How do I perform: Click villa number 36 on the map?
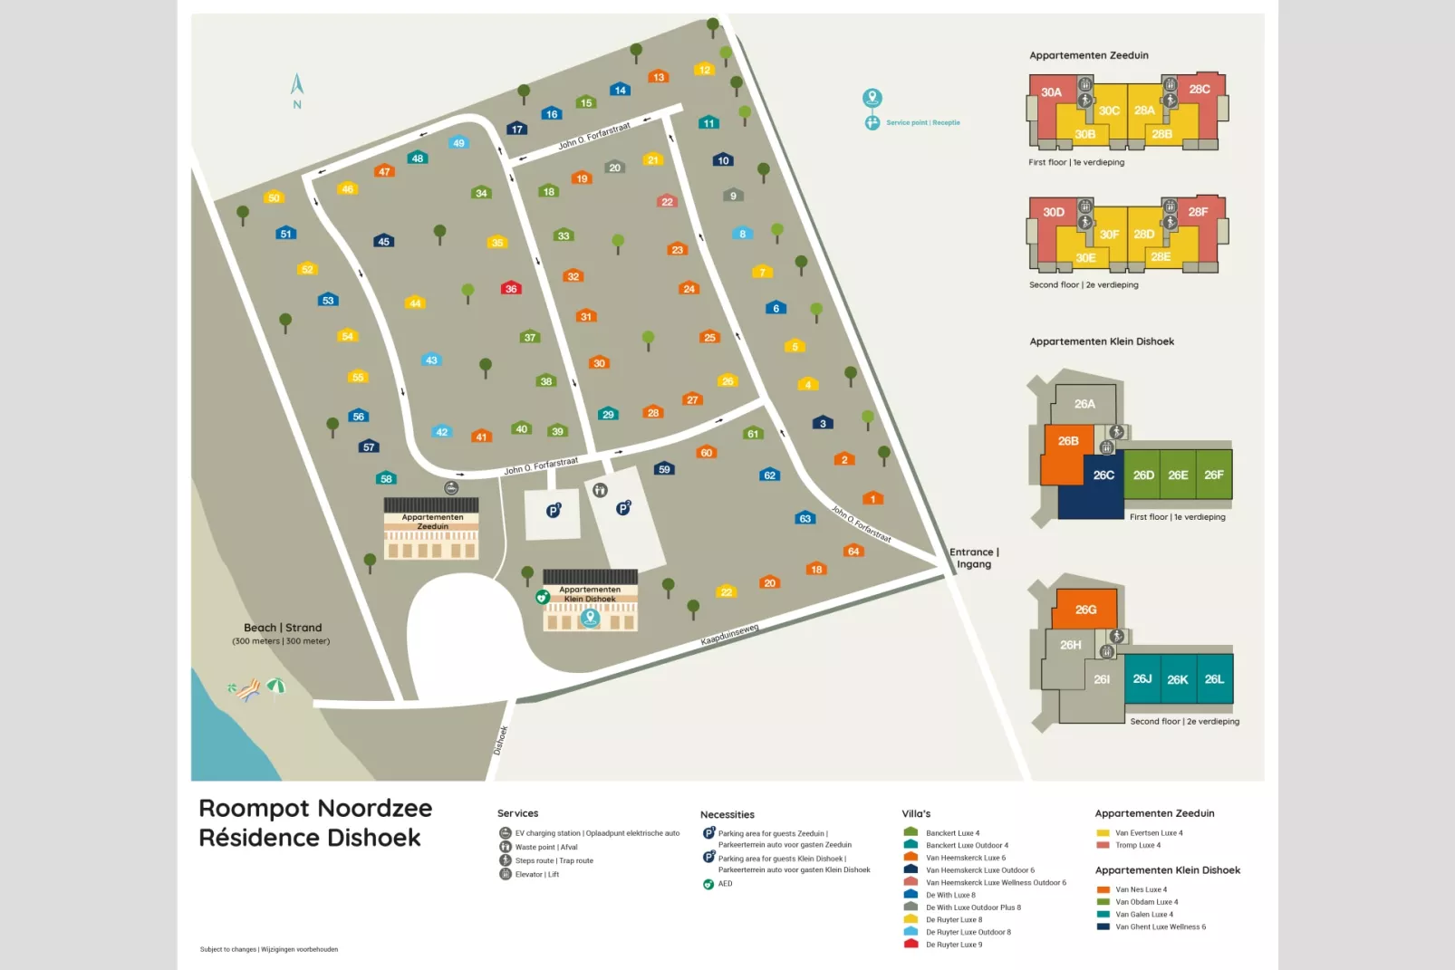[x=511, y=288]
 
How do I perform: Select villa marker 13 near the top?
[x=659, y=77]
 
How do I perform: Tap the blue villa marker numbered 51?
[x=286, y=233]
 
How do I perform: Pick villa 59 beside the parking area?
[x=664, y=468]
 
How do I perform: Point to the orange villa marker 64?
[x=853, y=551]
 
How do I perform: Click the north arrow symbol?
[x=296, y=85]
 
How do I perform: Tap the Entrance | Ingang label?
[x=974, y=558]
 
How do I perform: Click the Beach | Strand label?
[x=283, y=628]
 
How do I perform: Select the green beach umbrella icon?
[x=276, y=687]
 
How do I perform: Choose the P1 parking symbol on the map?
[x=554, y=511]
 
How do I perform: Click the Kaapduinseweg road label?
[x=729, y=634]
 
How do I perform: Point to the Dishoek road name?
[x=501, y=740]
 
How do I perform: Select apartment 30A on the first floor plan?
[x=1051, y=92]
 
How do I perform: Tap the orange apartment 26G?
[x=1085, y=610]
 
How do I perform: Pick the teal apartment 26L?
[x=1214, y=679]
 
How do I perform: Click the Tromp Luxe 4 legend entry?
[x=1137, y=845]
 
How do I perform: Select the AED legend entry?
[x=725, y=884]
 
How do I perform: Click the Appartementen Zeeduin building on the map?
[x=431, y=530]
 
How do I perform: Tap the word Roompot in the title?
[x=253, y=808]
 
